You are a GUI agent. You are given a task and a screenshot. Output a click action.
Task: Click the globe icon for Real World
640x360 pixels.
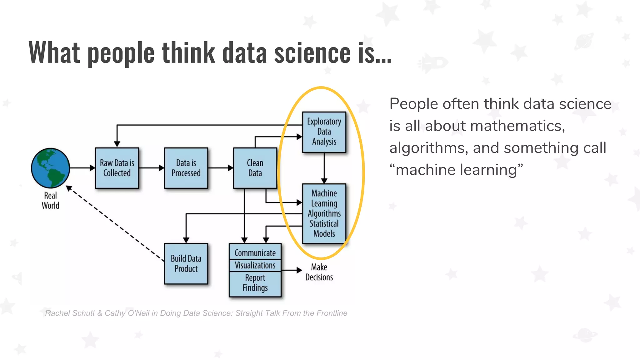[50, 168]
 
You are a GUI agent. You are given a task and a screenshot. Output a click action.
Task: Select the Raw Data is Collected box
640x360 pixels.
[117, 168]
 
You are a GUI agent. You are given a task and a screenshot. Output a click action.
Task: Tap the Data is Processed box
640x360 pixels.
[186, 168]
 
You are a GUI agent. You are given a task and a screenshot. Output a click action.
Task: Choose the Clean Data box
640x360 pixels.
[255, 168]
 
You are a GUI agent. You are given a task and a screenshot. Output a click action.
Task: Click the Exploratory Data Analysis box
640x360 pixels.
[324, 132]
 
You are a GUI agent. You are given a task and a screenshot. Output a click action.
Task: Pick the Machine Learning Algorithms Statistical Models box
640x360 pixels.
[324, 213]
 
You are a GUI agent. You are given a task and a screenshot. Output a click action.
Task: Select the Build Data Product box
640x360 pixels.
[186, 263]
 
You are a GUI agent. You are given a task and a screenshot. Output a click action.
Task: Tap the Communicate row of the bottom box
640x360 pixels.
[255, 252]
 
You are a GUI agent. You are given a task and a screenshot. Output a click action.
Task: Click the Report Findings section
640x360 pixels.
[255, 283]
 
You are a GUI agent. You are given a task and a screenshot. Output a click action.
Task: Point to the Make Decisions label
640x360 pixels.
[319, 272]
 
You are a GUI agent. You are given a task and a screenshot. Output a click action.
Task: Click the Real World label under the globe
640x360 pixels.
[50, 201]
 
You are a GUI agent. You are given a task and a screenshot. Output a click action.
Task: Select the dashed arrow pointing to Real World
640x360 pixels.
[116, 224]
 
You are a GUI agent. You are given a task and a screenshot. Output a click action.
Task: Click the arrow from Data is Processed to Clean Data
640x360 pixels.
[220, 168]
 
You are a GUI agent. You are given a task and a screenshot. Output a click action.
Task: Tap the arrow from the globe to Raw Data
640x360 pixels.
[82, 168]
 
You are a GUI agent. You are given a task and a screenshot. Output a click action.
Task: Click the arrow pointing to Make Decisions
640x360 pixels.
[291, 270]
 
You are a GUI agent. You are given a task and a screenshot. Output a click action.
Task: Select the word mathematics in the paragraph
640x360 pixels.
[517, 126]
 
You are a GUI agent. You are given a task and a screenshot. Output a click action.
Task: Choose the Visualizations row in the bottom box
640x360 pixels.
[255, 265]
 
